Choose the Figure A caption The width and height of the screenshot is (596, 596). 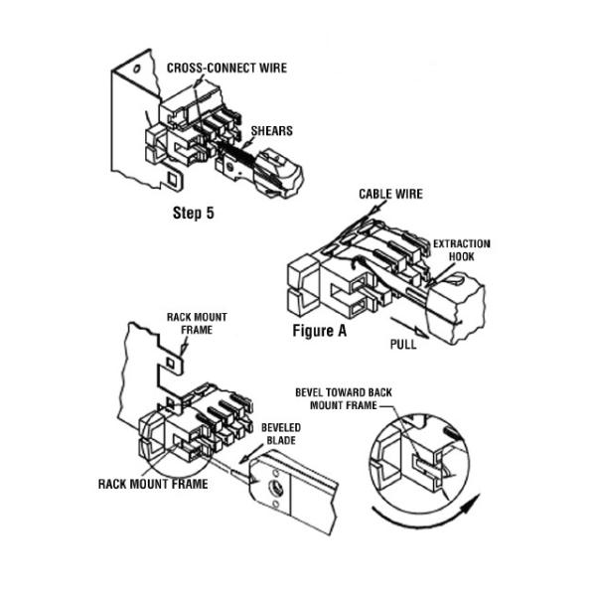point(319,330)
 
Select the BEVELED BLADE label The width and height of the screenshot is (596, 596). point(278,433)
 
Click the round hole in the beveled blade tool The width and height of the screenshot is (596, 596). point(268,486)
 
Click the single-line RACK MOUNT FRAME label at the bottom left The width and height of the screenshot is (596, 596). point(153,484)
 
